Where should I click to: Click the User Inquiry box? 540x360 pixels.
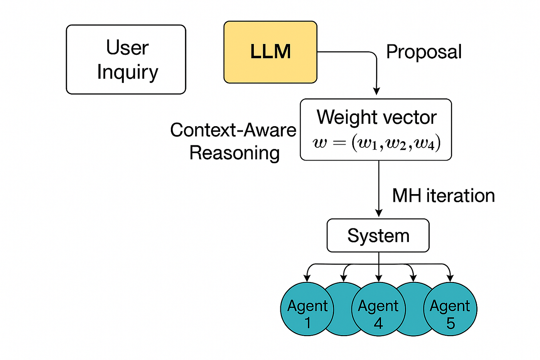tap(126, 59)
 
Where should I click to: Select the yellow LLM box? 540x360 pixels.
tap(270, 52)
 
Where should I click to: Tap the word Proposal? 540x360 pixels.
tap(424, 52)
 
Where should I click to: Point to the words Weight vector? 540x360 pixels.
tap(376, 117)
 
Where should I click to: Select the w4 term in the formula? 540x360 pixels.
tap(427, 143)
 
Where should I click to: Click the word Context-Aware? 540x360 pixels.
tap(233, 130)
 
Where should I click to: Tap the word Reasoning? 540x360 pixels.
tap(235, 153)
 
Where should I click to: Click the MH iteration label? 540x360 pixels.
tap(443, 196)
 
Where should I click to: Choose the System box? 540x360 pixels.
tap(378, 235)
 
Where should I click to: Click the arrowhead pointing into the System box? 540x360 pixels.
tap(379, 213)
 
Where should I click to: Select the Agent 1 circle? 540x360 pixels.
tap(307, 309)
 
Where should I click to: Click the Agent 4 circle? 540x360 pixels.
tap(378, 309)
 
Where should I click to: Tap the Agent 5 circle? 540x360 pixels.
tap(450, 309)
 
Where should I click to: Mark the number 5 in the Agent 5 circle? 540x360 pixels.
tap(451, 323)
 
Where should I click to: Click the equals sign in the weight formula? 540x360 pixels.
tap(339, 143)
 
